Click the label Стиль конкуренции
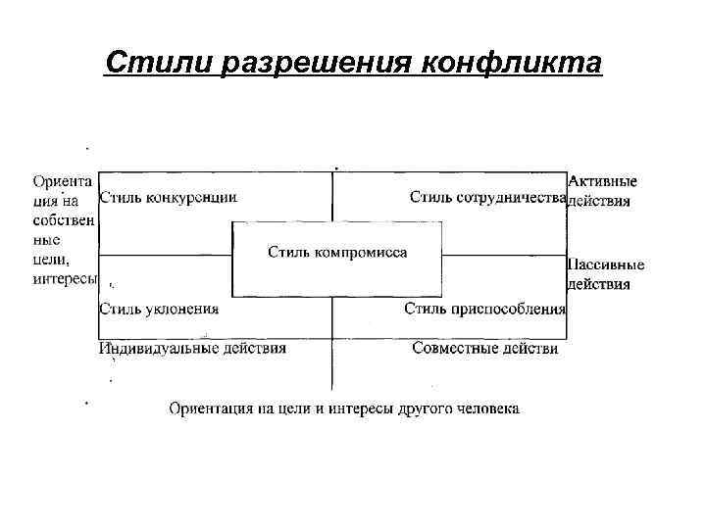click(169, 196)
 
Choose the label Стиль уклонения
click(159, 309)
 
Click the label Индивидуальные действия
click(192, 348)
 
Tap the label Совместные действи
click(485, 348)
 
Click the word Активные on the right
click(602, 181)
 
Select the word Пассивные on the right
click(606, 264)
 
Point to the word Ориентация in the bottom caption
click(212, 408)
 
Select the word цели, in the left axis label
click(50, 260)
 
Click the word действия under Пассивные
click(599, 285)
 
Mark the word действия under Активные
click(599, 202)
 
